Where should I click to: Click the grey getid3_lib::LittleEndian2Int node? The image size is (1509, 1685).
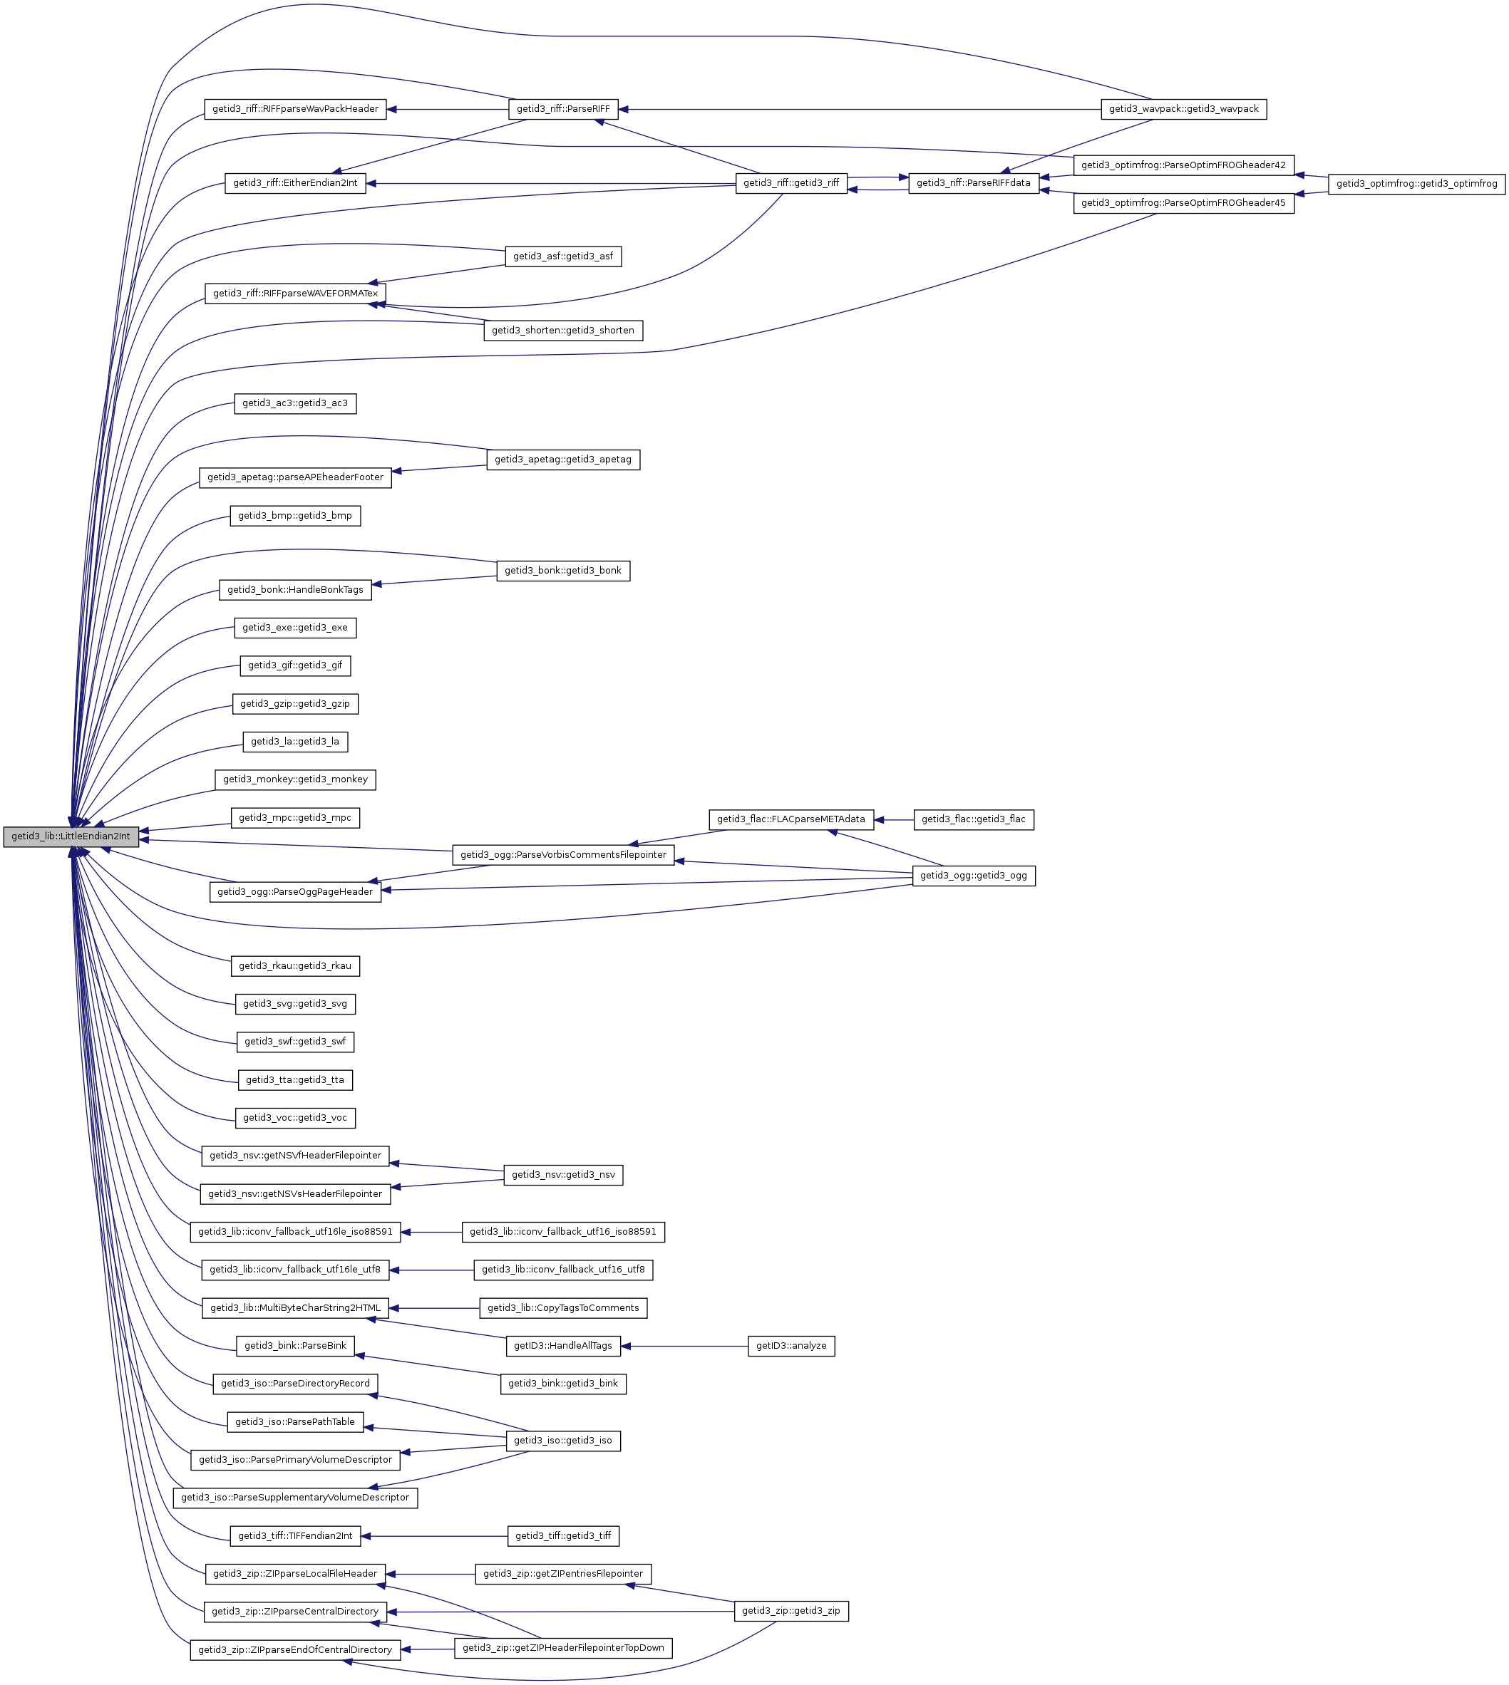71,836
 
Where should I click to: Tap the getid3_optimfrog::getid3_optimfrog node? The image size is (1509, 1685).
1416,184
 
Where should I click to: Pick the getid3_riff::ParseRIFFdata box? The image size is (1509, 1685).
974,184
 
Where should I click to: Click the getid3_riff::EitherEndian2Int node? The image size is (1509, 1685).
295,183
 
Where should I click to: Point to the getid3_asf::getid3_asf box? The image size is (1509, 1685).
563,257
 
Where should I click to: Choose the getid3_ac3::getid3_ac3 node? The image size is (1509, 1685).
295,404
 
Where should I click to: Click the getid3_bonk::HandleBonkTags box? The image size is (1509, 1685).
295,590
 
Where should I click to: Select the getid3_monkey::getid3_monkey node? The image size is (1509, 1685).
295,780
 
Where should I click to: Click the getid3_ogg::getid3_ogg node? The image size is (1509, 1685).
974,876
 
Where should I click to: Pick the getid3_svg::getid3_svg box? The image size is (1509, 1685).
295,1005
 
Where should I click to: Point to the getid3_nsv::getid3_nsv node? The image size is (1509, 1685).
563,1176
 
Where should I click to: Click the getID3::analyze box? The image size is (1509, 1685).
791,1346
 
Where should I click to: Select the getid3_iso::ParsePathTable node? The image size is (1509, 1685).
295,1422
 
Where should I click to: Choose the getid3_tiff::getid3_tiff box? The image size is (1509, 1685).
563,1537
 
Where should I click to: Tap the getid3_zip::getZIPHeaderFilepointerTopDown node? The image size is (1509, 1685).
563,1649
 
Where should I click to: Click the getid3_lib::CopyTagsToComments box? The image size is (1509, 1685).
563,1309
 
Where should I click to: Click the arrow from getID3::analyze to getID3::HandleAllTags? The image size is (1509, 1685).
684,1346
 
